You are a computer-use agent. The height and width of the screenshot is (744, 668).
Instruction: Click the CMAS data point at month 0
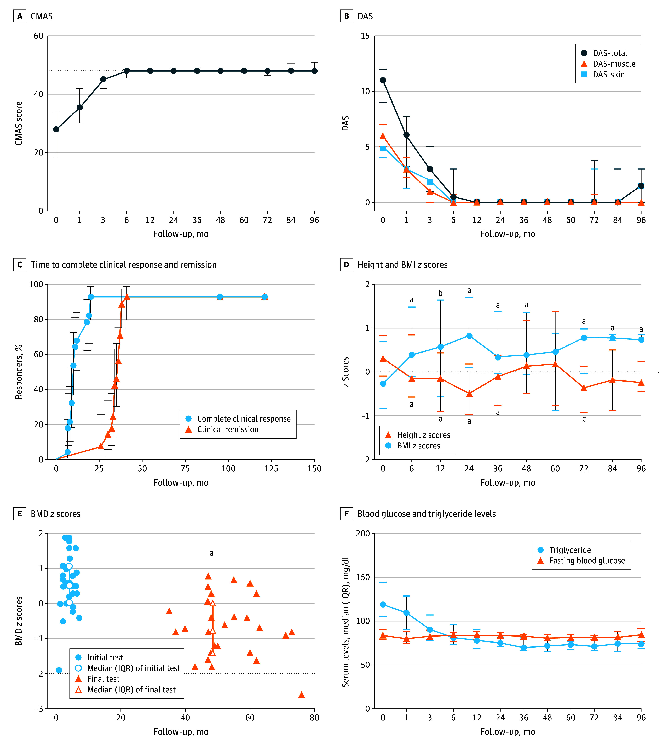coord(56,129)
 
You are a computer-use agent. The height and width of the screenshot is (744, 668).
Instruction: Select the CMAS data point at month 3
coord(103,79)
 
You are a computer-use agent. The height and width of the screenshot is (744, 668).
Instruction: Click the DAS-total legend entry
coord(605,53)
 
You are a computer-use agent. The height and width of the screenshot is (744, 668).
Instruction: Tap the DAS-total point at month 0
coord(383,80)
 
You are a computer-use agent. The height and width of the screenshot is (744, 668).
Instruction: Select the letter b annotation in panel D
coord(440,293)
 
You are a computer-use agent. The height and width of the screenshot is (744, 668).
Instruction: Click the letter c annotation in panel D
coord(584,419)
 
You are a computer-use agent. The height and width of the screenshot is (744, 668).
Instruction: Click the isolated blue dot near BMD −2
coord(59,670)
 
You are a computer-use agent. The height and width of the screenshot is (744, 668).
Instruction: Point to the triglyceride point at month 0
coord(383,604)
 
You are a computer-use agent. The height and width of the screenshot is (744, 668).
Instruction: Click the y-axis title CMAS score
coord(19,123)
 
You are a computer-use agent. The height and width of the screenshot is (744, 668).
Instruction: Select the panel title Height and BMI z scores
coord(403,265)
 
